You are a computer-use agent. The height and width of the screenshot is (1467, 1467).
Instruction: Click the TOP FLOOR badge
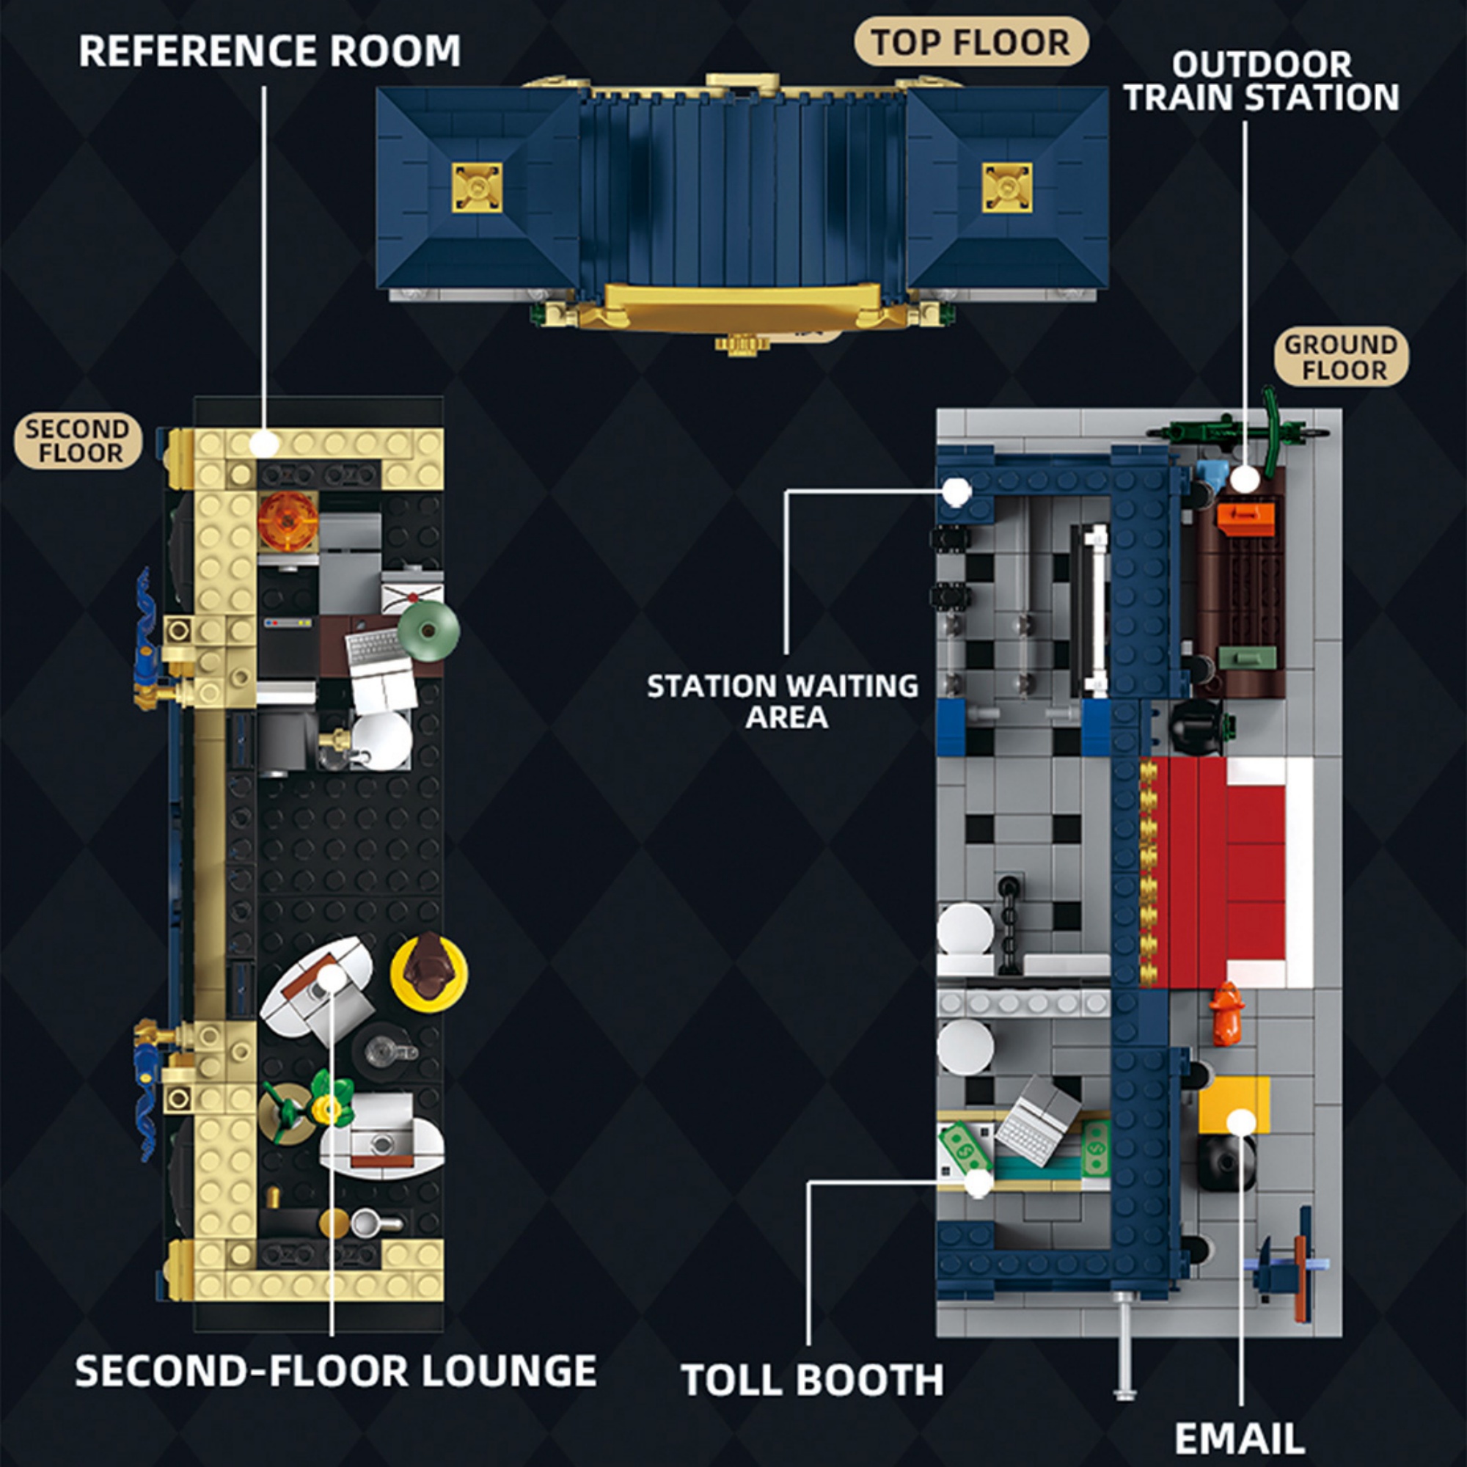971,43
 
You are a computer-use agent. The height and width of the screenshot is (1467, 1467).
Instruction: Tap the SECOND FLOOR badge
78,441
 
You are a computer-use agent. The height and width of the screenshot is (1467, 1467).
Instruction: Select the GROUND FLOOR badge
1341,357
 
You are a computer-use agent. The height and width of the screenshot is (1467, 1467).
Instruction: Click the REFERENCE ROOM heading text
269,51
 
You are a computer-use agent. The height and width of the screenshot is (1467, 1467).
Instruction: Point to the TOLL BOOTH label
813,1380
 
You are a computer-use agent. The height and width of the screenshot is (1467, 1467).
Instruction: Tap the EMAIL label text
1239,1438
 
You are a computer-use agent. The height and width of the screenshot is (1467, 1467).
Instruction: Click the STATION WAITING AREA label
783,700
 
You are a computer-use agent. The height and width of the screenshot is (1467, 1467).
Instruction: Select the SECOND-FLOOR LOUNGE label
336,1372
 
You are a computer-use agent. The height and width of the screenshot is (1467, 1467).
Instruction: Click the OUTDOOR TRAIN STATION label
1261,82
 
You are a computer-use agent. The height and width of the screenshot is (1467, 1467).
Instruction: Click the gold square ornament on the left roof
478,188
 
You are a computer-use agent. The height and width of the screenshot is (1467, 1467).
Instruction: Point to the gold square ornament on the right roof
1007,188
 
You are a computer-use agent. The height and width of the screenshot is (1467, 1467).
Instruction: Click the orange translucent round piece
287,521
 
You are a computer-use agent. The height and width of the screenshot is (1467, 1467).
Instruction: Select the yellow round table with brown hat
429,973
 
